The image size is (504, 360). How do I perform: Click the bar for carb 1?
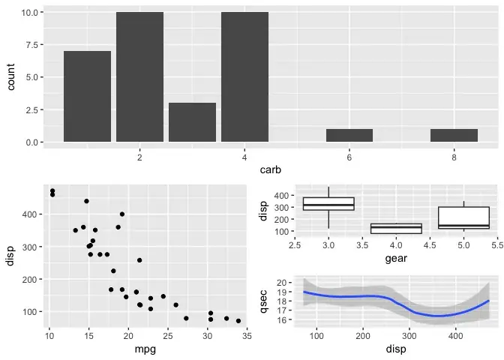pos(87,97)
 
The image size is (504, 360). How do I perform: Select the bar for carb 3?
pos(192,122)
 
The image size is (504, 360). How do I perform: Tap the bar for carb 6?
pos(349,136)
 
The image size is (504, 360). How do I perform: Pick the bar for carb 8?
pos(454,136)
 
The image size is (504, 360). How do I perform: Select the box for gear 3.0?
pos(328,204)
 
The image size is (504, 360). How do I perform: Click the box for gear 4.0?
pos(396,228)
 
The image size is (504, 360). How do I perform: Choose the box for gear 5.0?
pos(463,217)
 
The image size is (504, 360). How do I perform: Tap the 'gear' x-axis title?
pos(396,259)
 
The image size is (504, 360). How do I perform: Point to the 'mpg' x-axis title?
pos(145,348)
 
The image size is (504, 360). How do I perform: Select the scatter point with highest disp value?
pos(52,191)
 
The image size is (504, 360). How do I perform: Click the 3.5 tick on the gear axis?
pos(362,244)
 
